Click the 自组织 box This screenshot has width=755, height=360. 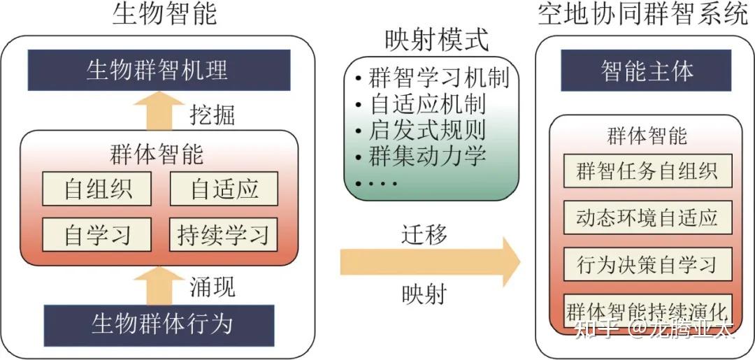coord(97,189)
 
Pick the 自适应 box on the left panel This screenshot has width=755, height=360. coord(224,189)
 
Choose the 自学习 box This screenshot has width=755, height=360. coord(97,235)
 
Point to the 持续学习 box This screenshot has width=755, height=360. coord(224,235)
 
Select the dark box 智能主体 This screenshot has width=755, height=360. coord(646,71)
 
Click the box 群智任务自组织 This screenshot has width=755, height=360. coord(647,171)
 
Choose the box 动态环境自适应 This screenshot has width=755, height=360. coord(647,217)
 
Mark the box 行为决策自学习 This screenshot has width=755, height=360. coord(647,264)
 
